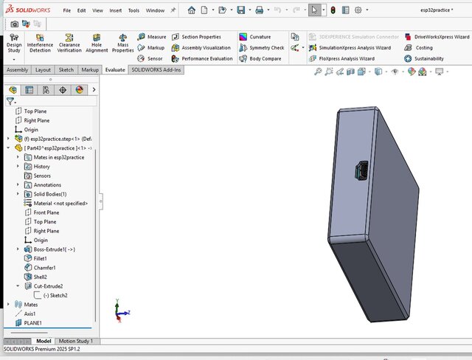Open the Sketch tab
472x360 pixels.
[x=66, y=69]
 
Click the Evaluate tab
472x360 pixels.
[x=114, y=69]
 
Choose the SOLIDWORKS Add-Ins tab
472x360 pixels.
[x=156, y=69]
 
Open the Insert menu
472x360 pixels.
[x=116, y=11]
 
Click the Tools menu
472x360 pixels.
[x=133, y=11]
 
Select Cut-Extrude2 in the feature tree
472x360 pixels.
[x=48, y=285]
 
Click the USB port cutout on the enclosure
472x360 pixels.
[x=361, y=173]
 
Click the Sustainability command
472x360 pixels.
[x=428, y=58]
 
